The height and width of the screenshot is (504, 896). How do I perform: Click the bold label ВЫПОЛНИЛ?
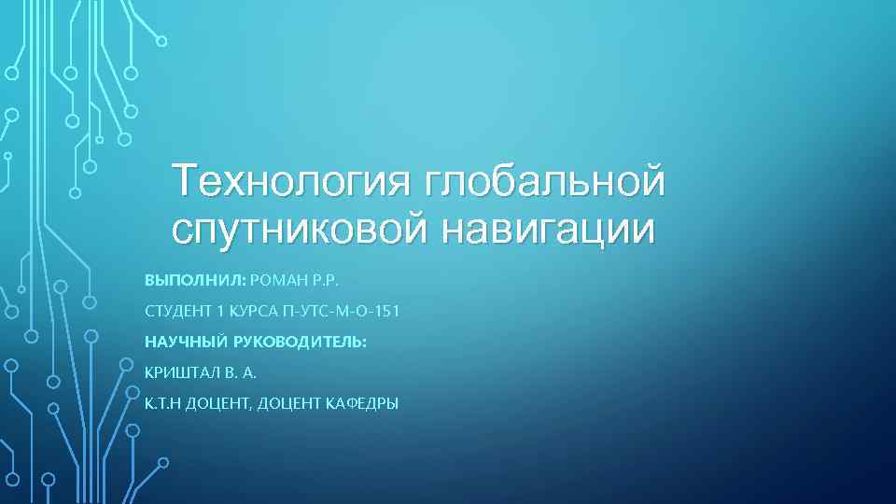click(196, 280)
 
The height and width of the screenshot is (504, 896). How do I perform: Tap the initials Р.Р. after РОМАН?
click(328, 280)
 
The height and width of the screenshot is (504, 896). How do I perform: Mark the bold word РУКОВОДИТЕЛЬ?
click(299, 342)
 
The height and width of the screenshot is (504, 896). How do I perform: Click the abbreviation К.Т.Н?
click(164, 403)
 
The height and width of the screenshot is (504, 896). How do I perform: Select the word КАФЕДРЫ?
click(361, 403)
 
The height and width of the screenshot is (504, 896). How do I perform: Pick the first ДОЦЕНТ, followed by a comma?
click(220, 403)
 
